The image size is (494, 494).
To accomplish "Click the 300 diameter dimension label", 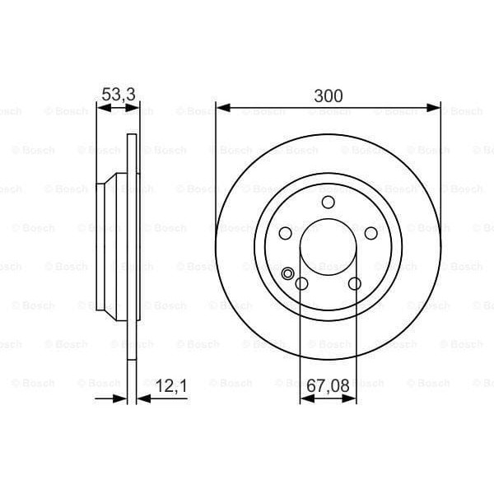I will pos(328,95).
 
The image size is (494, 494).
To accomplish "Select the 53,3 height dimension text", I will pos(118,95).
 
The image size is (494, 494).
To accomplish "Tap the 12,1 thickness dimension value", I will pos(170,384).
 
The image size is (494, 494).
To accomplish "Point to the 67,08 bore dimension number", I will pos(328,384).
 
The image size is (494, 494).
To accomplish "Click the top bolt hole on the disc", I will pos(328,203).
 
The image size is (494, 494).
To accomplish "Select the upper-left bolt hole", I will pos(284,233).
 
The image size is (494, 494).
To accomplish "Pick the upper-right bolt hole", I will pos(371,233).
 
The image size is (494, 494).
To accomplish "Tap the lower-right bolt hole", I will pos(355,283).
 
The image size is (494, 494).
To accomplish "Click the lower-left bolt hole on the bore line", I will pos(301,284).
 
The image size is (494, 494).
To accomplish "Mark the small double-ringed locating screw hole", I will pos(288,274).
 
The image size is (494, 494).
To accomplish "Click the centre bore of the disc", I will pos(328,247).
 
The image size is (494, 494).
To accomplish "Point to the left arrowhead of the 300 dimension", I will pos(221,107).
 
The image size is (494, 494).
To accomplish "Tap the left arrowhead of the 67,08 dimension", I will pos(305,398).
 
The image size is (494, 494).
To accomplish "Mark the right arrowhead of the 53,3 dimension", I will pos(134,107).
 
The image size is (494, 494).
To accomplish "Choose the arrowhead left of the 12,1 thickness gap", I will pos(123,398).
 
